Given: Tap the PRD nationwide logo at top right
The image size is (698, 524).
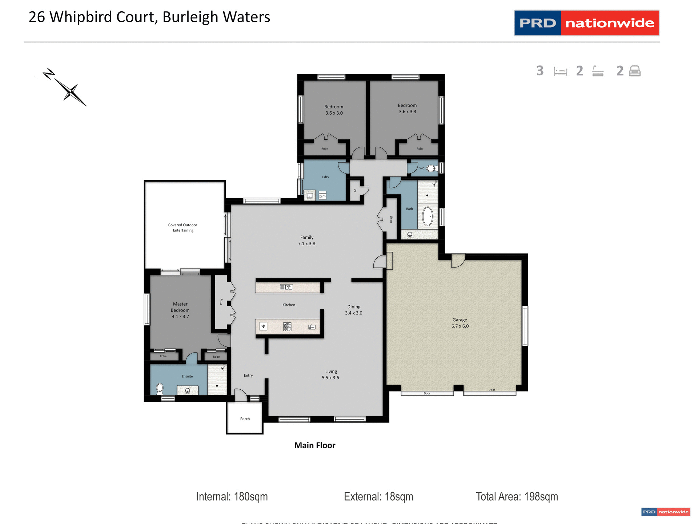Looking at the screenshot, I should pyautogui.click(x=586, y=23).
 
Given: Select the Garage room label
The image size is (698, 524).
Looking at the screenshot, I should pyautogui.click(x=460, y=323).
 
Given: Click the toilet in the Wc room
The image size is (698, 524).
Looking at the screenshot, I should pyautogui.click(x=431, y=168).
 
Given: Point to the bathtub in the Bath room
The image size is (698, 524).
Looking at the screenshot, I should pyautogui.click(x=428, y=217).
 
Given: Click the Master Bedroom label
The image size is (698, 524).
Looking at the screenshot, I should pyautogui.click(x=180, y=310).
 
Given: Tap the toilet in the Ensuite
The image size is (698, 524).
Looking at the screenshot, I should pyautogui.click(x=160, y=389).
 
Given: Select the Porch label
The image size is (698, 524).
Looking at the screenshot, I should pyautogui.click(x=245, y=419).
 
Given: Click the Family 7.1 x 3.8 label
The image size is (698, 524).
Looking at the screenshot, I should pyautogui.click(x=307, y=241).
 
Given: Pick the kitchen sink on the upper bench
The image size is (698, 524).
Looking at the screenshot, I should pyautogui.click(x=286, y=287).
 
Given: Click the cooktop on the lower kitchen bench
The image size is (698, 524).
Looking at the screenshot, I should pyautogui.click(x=287, y=327).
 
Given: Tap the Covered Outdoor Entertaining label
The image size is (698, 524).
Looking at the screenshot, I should pyautogui.click(x=183, y=228).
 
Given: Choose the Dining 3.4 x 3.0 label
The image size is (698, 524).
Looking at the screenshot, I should pyautogui.click(x=354, y=310).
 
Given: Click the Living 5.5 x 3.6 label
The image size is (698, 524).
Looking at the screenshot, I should pyautogui.click(x=331, y=374).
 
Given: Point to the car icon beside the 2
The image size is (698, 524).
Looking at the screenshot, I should pyautogui.click(x=635, y=71).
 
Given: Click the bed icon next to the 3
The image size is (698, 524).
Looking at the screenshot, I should pyautogui.click(x=560, y=71).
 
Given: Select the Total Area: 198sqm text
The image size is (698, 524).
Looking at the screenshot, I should pyautogui.click(x=517, y=497).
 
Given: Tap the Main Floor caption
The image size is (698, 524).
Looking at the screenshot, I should pyautogui.click(x=315, y=445).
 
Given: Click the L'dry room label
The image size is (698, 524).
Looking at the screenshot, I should pyautogui.click(x=326, y=177).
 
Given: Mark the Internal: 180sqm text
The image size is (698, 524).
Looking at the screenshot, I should pyautogui.click(x=232, y=497).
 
